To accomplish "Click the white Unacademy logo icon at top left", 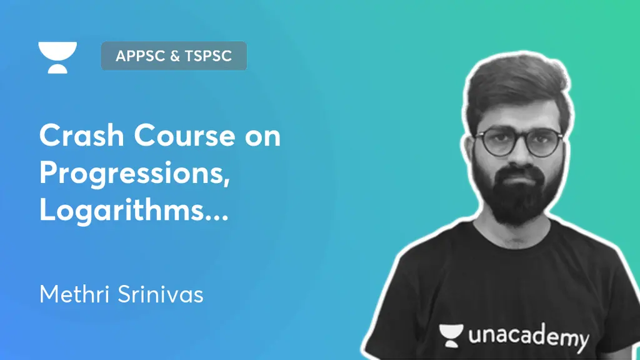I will [x=57, y=57].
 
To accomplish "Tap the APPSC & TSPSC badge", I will [x=174, y=56].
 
